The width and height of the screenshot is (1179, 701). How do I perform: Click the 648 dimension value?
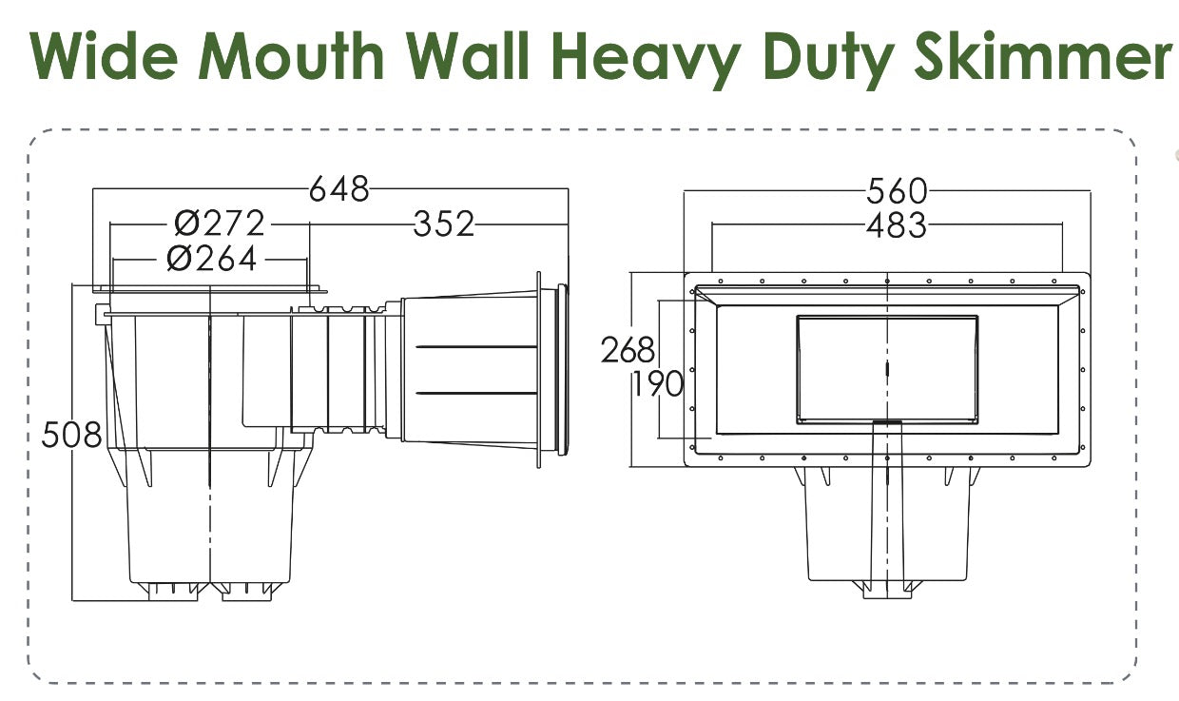pos(338,189)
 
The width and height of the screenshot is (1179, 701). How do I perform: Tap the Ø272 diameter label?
pos(219,224)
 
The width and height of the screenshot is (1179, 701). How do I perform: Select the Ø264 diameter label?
pos(212,259)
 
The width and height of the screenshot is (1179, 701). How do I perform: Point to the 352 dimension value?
pos(444,224)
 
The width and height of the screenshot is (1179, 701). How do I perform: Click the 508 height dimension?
pos(71,435)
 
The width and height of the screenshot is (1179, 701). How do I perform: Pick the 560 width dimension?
pos(897,190)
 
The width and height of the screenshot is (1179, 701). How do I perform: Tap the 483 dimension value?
pos(897,225)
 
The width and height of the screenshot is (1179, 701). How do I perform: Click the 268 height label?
pos(628,350)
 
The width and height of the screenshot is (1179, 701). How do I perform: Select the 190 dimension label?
pos(657,383)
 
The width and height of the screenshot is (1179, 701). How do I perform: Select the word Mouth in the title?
pos(291,55)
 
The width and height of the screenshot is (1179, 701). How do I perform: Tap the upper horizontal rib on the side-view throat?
pos(476,347)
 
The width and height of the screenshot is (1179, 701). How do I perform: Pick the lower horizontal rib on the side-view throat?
pos(476,394)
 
